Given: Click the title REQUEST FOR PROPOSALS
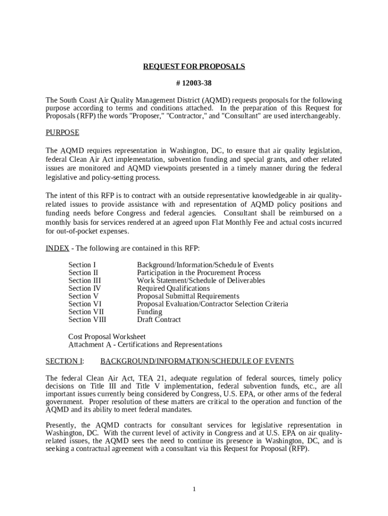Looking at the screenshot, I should [x=194, y=67].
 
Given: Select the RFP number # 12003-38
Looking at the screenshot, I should [x=194, y=83].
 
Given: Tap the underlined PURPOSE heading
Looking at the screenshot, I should [x=62, y=133].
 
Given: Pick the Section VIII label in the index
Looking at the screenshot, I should [x=88, y=320].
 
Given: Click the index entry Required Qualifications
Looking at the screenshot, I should [x=173, y=289].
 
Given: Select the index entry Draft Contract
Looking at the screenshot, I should [x=159, y=320].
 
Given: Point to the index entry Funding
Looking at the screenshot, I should [x=150, y=312].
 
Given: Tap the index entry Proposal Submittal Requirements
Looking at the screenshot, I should [x=188, y=296].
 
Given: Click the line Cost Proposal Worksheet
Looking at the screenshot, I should [x=107, y=337].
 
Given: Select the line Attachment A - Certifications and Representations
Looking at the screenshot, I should [x=145, y=345].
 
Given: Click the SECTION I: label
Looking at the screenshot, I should [x=65, y=361].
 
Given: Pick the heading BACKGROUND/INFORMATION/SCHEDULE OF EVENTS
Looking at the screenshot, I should [x=197, y=361].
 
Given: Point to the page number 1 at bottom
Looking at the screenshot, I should [x=194, y=489].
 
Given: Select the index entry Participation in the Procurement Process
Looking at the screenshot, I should [x=199, y=273].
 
